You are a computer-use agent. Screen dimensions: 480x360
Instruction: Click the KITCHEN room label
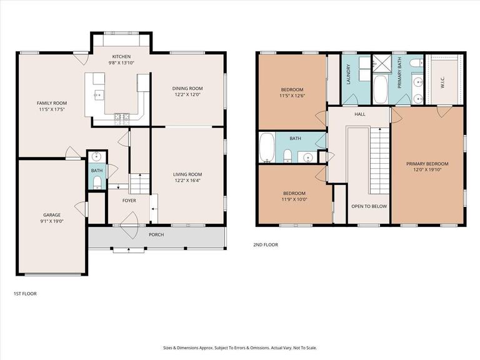pyautogui.click(x=121, y=57)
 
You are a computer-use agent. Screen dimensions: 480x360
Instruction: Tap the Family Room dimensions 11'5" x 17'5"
pyautogui.click(x=52, y=109)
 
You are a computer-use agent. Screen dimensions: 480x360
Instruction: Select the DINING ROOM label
pyautogui.click(x=187, y=89)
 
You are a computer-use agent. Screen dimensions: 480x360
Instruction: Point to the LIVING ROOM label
pyautogui.click(x=187, y=174)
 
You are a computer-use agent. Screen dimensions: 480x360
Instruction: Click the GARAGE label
pyautogui.click(x=52, y=215)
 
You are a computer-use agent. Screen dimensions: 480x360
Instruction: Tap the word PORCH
pyautogui.click(x=156, y=234)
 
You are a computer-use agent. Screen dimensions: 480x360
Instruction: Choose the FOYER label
pyautogui.click(x=129, y=201)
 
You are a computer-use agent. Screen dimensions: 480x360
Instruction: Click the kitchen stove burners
pyautogui.click(x=122, y=119)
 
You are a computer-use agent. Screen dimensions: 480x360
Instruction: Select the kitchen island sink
pyautogui.click(x=99, y=95)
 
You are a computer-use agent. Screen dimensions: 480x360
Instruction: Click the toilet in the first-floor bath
pyautogui.click(x=97, y=182)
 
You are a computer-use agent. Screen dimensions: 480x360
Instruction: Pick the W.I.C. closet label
pyautogui.click(x=442, y=82)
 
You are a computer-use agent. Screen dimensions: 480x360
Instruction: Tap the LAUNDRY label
pyautogui.click(x=348, y=74)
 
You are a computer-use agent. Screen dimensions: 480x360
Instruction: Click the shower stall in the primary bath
pyautogui.click(x=382, y=63)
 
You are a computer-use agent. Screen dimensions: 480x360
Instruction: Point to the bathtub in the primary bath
pyautogui.click(x=381, y=90)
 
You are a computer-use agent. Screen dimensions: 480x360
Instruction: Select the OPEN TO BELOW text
pyautogui.click(x=369, y=206)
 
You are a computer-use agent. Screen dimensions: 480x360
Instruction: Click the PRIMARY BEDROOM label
pyautogui.click(x=427, y=164)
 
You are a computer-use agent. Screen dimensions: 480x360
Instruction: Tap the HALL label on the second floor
pyautogui.click(x=360, y=114)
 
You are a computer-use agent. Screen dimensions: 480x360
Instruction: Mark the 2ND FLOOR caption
pyautogui.click(x=266, y=244)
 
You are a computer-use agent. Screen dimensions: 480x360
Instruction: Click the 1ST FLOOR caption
pyautogui.click(x=25, y=294)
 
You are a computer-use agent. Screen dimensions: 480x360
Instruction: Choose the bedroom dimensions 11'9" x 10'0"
pyautogui.click(x=294, y=199)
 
